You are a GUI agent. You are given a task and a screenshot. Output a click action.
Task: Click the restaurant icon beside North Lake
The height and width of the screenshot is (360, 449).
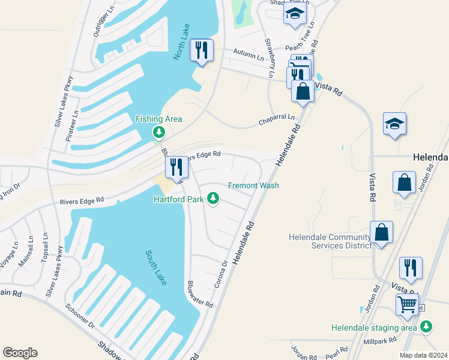tap(202, 50)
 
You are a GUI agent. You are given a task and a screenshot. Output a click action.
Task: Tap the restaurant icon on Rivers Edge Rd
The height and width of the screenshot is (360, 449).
tap(176, 167)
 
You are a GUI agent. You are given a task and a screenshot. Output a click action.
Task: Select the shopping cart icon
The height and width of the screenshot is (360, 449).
tap(408, 304)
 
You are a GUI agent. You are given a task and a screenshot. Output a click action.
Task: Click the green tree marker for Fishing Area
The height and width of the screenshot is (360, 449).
tap(158, 131)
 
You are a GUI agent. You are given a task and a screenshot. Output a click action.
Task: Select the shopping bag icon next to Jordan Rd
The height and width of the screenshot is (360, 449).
tap(405, 182)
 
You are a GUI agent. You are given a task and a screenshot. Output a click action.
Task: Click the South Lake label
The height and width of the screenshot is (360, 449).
tap(154, 267)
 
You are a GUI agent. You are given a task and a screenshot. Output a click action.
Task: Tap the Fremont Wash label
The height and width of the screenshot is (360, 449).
tap(253, 185)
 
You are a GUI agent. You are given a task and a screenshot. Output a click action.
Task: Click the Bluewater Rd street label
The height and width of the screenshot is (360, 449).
tap(199, 294)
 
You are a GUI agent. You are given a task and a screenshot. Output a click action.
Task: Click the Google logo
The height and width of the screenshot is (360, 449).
tap(20, 353)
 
